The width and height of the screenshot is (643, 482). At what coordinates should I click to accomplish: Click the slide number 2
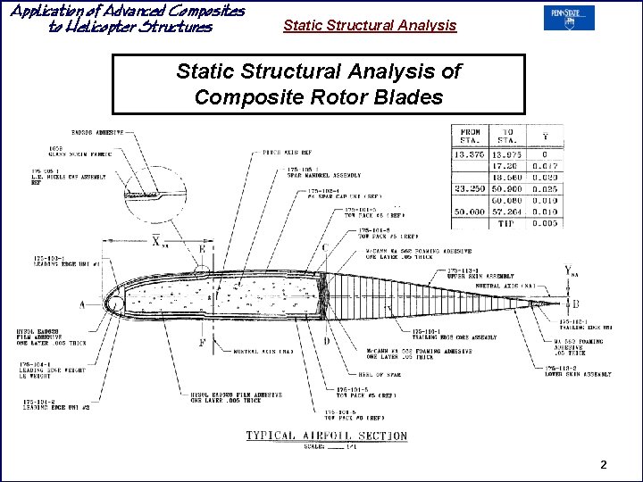tap(604, 465)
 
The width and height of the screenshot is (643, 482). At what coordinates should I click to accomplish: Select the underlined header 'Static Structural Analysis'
tap(369, 26)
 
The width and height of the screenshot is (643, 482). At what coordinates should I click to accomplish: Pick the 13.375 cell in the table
tap(470, 154)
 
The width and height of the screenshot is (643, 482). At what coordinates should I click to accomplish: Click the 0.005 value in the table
tap(545, 223)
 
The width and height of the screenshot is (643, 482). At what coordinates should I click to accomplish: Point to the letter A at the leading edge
tap(83, 304)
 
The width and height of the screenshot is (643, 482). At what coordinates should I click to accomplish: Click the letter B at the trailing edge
tap(575, 304)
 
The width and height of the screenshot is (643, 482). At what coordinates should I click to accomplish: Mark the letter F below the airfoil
tap(202, 343)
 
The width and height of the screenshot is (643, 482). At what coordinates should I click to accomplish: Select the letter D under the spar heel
tap(327, 340)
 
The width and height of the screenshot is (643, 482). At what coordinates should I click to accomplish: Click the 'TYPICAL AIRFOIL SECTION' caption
tap(327, 436)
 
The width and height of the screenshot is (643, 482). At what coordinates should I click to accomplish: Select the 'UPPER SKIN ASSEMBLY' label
tap(482, 277)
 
